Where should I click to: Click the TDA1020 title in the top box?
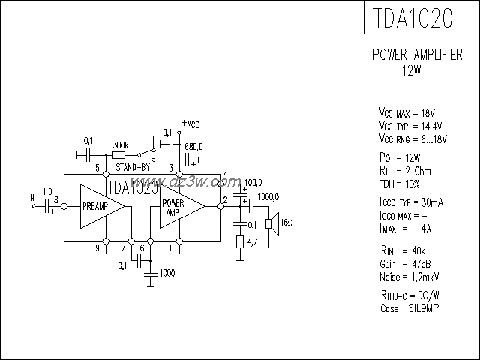421,18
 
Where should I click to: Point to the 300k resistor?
119,155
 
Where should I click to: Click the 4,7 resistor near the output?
241,241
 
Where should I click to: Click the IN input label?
31,198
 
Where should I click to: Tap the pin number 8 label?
56,199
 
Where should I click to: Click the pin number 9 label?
96,247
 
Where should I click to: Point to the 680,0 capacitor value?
193,147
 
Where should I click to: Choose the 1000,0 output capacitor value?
268,196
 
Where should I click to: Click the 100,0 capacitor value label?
253,182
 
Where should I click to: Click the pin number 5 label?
96,166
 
